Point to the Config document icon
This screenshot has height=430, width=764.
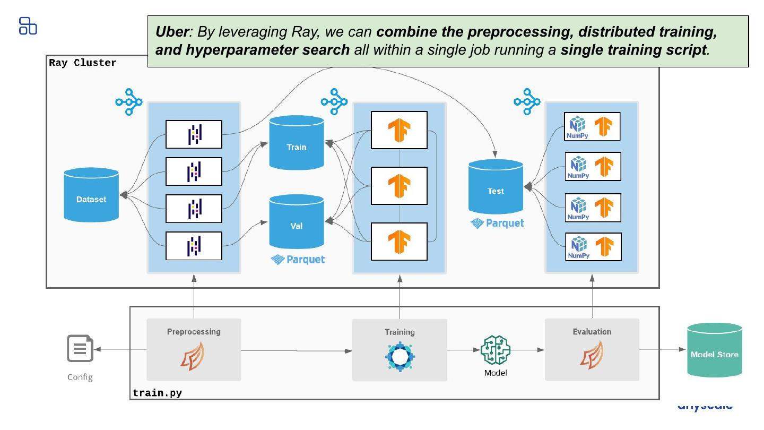80,349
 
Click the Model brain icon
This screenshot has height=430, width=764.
495,350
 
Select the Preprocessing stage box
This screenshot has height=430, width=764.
194,349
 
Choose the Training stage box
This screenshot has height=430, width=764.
400,349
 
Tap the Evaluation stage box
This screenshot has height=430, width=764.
592,349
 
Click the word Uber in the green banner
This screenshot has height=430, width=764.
171,32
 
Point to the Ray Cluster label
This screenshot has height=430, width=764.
83,63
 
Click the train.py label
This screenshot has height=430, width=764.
157,393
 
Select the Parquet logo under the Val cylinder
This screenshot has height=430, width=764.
298,260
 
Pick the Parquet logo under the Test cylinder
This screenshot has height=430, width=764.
497,223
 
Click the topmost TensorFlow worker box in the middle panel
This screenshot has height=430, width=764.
399,130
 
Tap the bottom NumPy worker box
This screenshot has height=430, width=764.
592,247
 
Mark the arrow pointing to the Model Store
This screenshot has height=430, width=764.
663,350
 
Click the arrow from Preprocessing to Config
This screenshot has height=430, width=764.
121,349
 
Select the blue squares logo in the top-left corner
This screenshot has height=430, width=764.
28,26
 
